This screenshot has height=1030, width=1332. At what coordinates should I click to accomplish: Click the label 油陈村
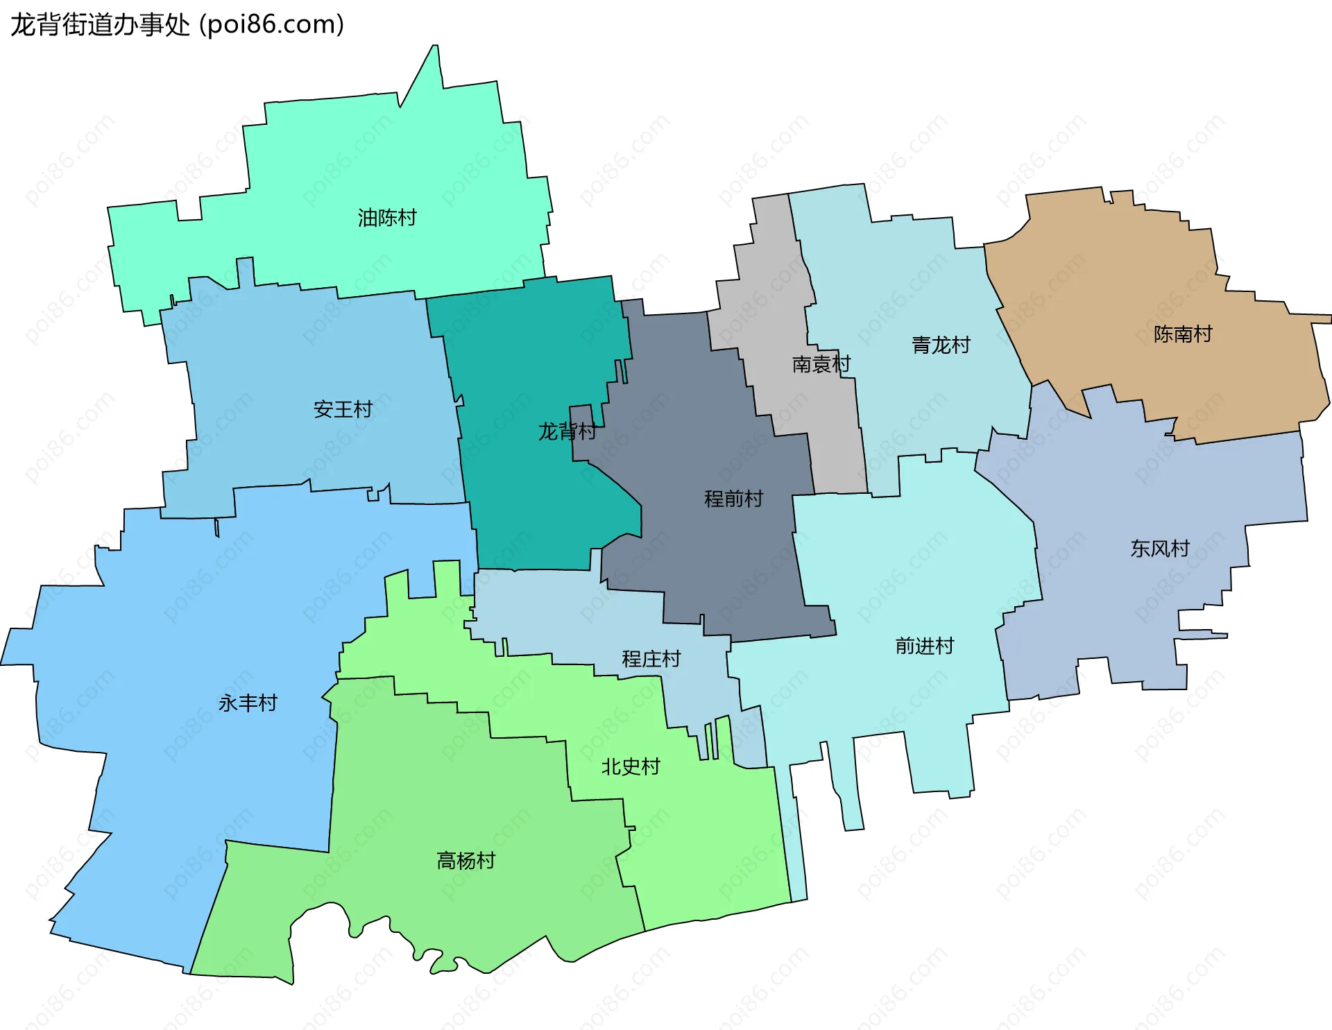pyautogui.click(x=387, y=218)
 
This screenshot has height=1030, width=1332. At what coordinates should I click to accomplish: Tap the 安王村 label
pyautogui.click(x=343, y=409)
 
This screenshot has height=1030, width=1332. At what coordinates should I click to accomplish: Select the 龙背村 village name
pyautogui.click(x=567, y=431)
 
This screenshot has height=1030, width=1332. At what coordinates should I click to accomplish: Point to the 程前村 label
pyautogui.click(x=733, y=499)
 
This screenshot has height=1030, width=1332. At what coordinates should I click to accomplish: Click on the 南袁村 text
pyautogui.click(x=821, y=364)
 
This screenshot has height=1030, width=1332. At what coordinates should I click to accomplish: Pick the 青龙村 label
pyautogui.click(x=941, y=345)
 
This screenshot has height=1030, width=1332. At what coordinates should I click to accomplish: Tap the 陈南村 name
pyautogui.click(x=1183, y=334)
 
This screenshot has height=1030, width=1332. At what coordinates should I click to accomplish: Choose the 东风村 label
pyautogui.click(x=1160, y=549)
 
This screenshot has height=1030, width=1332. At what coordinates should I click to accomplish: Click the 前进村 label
pyautogui.click(x=925, y=646)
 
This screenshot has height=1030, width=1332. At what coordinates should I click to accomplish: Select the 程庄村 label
pyautogui.click(x=651, y=659)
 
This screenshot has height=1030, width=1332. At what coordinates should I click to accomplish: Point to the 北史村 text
pyautogui.click(x=630, y=767)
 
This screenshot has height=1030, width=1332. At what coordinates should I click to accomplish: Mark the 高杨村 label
pyautogui.click(x=466, y=861)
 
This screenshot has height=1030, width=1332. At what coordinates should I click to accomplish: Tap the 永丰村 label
pyautogui.click(x=248, y=703)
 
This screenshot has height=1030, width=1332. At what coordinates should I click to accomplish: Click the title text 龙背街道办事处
pyautogui.click(x=100, y=25)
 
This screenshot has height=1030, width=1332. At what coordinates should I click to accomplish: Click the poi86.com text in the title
pyautogui.click(x=272, y=25)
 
